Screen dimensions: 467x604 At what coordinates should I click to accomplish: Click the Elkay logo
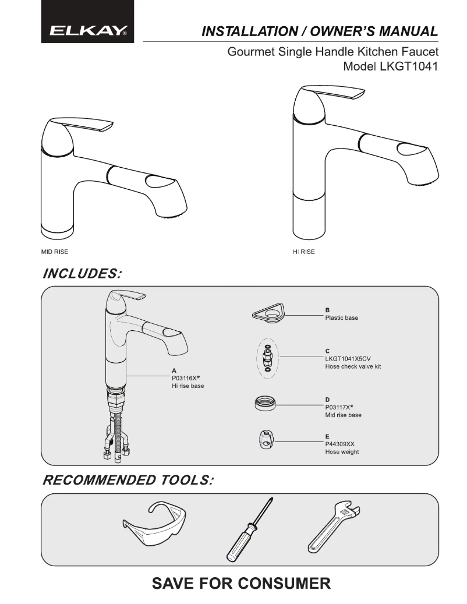88,30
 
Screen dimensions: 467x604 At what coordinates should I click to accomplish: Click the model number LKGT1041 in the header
409,66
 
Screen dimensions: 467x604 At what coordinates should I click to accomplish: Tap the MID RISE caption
55,252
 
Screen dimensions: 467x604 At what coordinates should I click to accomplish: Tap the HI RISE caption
304,252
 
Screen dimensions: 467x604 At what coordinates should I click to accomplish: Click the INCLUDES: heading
82,274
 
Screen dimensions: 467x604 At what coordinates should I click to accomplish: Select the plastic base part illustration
268,313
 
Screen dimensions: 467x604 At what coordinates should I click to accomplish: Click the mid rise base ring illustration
265,403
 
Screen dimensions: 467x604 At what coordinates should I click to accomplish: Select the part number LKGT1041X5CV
348,359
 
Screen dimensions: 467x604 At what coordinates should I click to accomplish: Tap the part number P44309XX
339,444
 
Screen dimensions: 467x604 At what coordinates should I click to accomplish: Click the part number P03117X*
339,407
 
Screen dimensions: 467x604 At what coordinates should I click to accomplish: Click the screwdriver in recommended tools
249,529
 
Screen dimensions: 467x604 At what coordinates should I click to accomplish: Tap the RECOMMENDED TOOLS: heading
128,480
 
